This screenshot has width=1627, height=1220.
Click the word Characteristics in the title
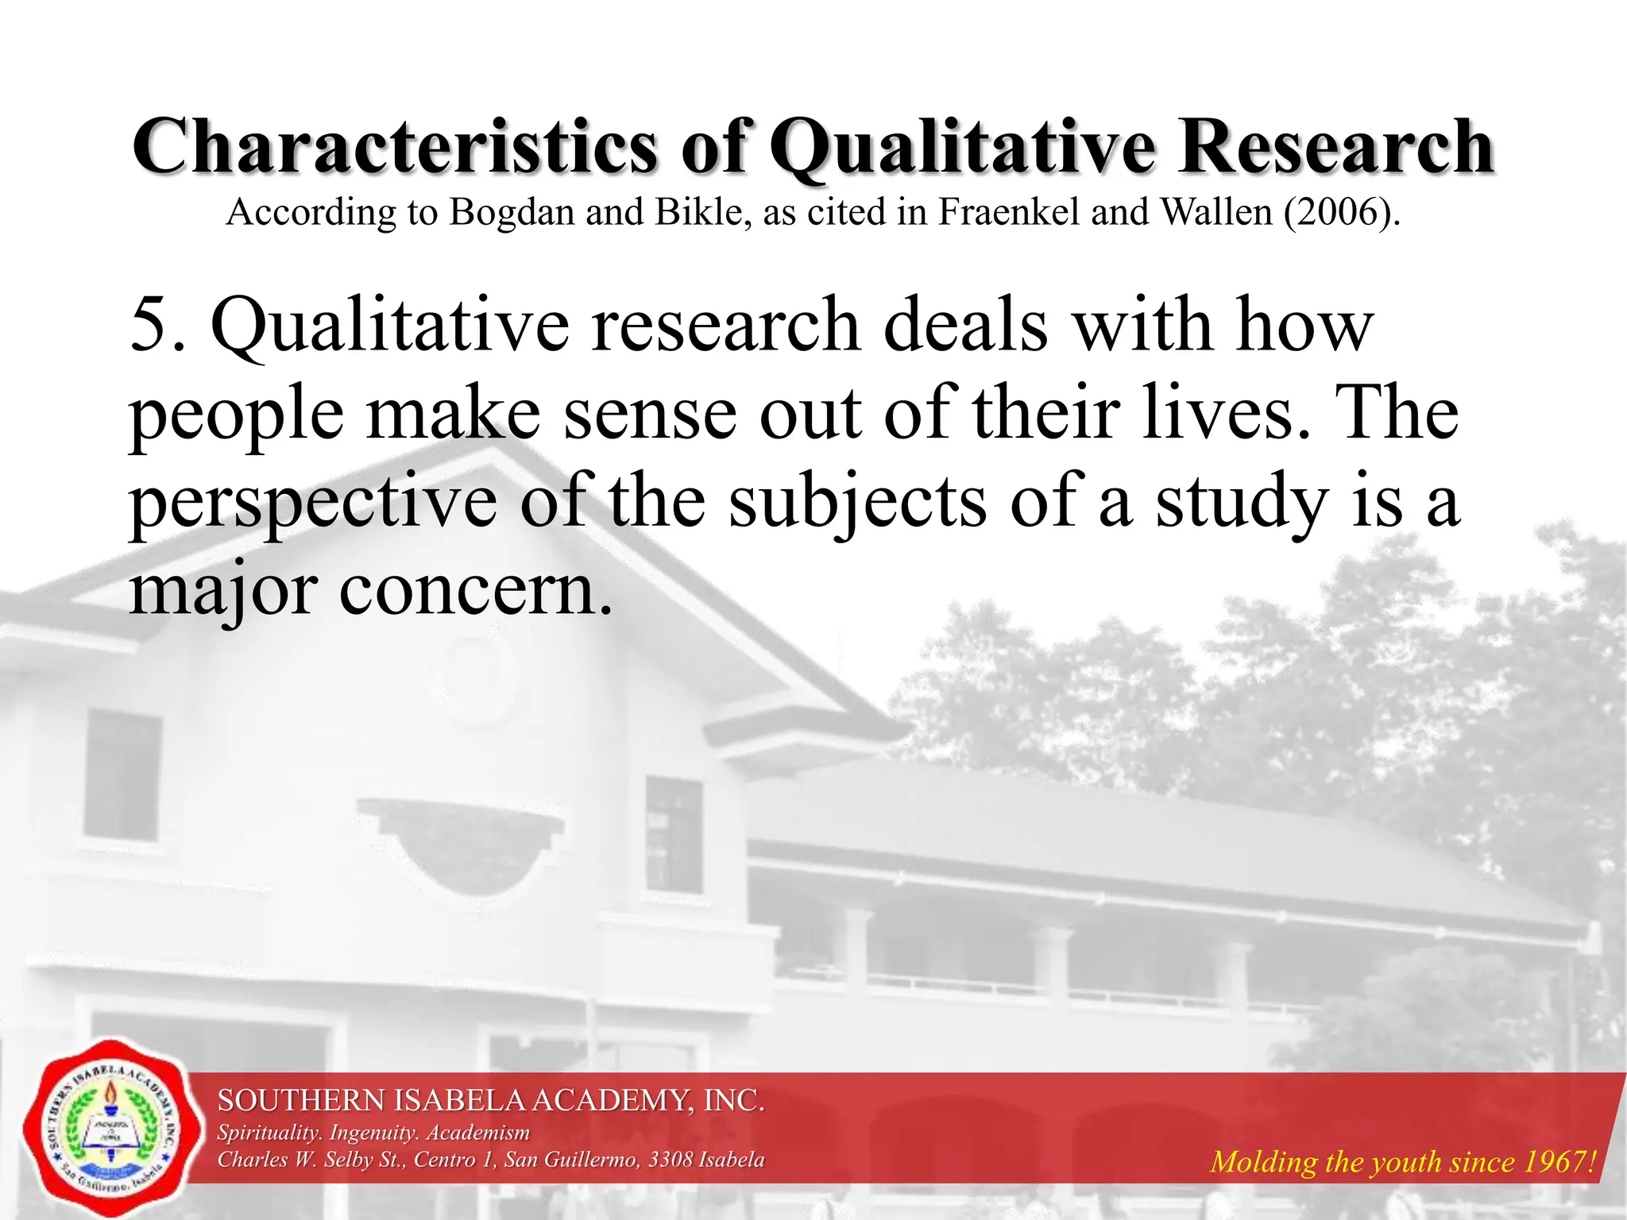pyautogui.click(x=395, y=147)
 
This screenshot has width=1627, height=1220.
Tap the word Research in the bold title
pyautogui.click(x=1336, y=147)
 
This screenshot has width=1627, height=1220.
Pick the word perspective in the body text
pyautogui.click(x=313, y=504)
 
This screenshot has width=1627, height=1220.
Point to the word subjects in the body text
pyautogui.click(x=858, y=504)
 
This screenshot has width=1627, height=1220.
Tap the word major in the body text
pyautogui.click(x=223, y=592)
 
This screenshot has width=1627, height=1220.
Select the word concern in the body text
pyautogui.click(x=475, y=592)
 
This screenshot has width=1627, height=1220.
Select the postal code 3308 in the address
pyautogui.click(x=670, y=1160)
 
